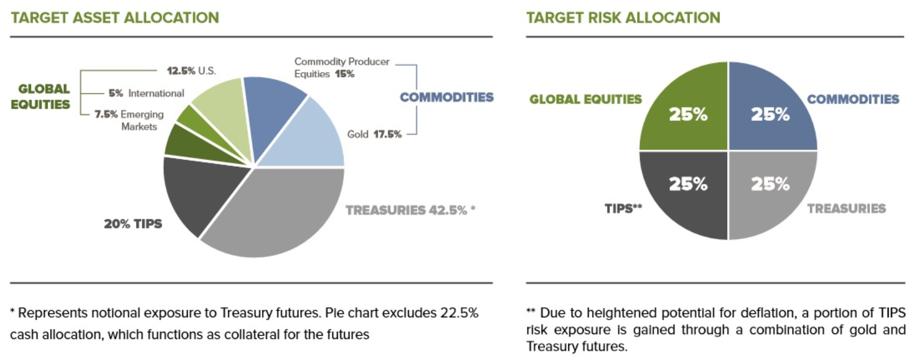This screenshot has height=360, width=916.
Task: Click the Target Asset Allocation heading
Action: click(x=115, y=18)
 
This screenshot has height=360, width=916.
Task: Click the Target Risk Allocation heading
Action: click(x=623, y=18)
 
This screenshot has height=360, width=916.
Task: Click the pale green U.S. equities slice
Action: click(x=225, y=110)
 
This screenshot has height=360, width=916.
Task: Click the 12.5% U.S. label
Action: click(x=191, y=71)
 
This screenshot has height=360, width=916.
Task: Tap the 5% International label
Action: click(x=146, y=93)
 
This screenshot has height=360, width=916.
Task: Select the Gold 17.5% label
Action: click(x=374, y=134)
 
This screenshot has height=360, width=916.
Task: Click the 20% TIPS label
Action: click(x=133, y=224)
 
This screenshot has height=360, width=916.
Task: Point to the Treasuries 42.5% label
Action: click(x=410, y=210)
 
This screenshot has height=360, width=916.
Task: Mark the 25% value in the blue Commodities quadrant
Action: click(x=770, y=114)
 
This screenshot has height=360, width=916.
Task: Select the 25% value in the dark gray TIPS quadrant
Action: click(x=688, y=184)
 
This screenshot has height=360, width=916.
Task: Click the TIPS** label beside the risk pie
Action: click(x=623, y=208)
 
